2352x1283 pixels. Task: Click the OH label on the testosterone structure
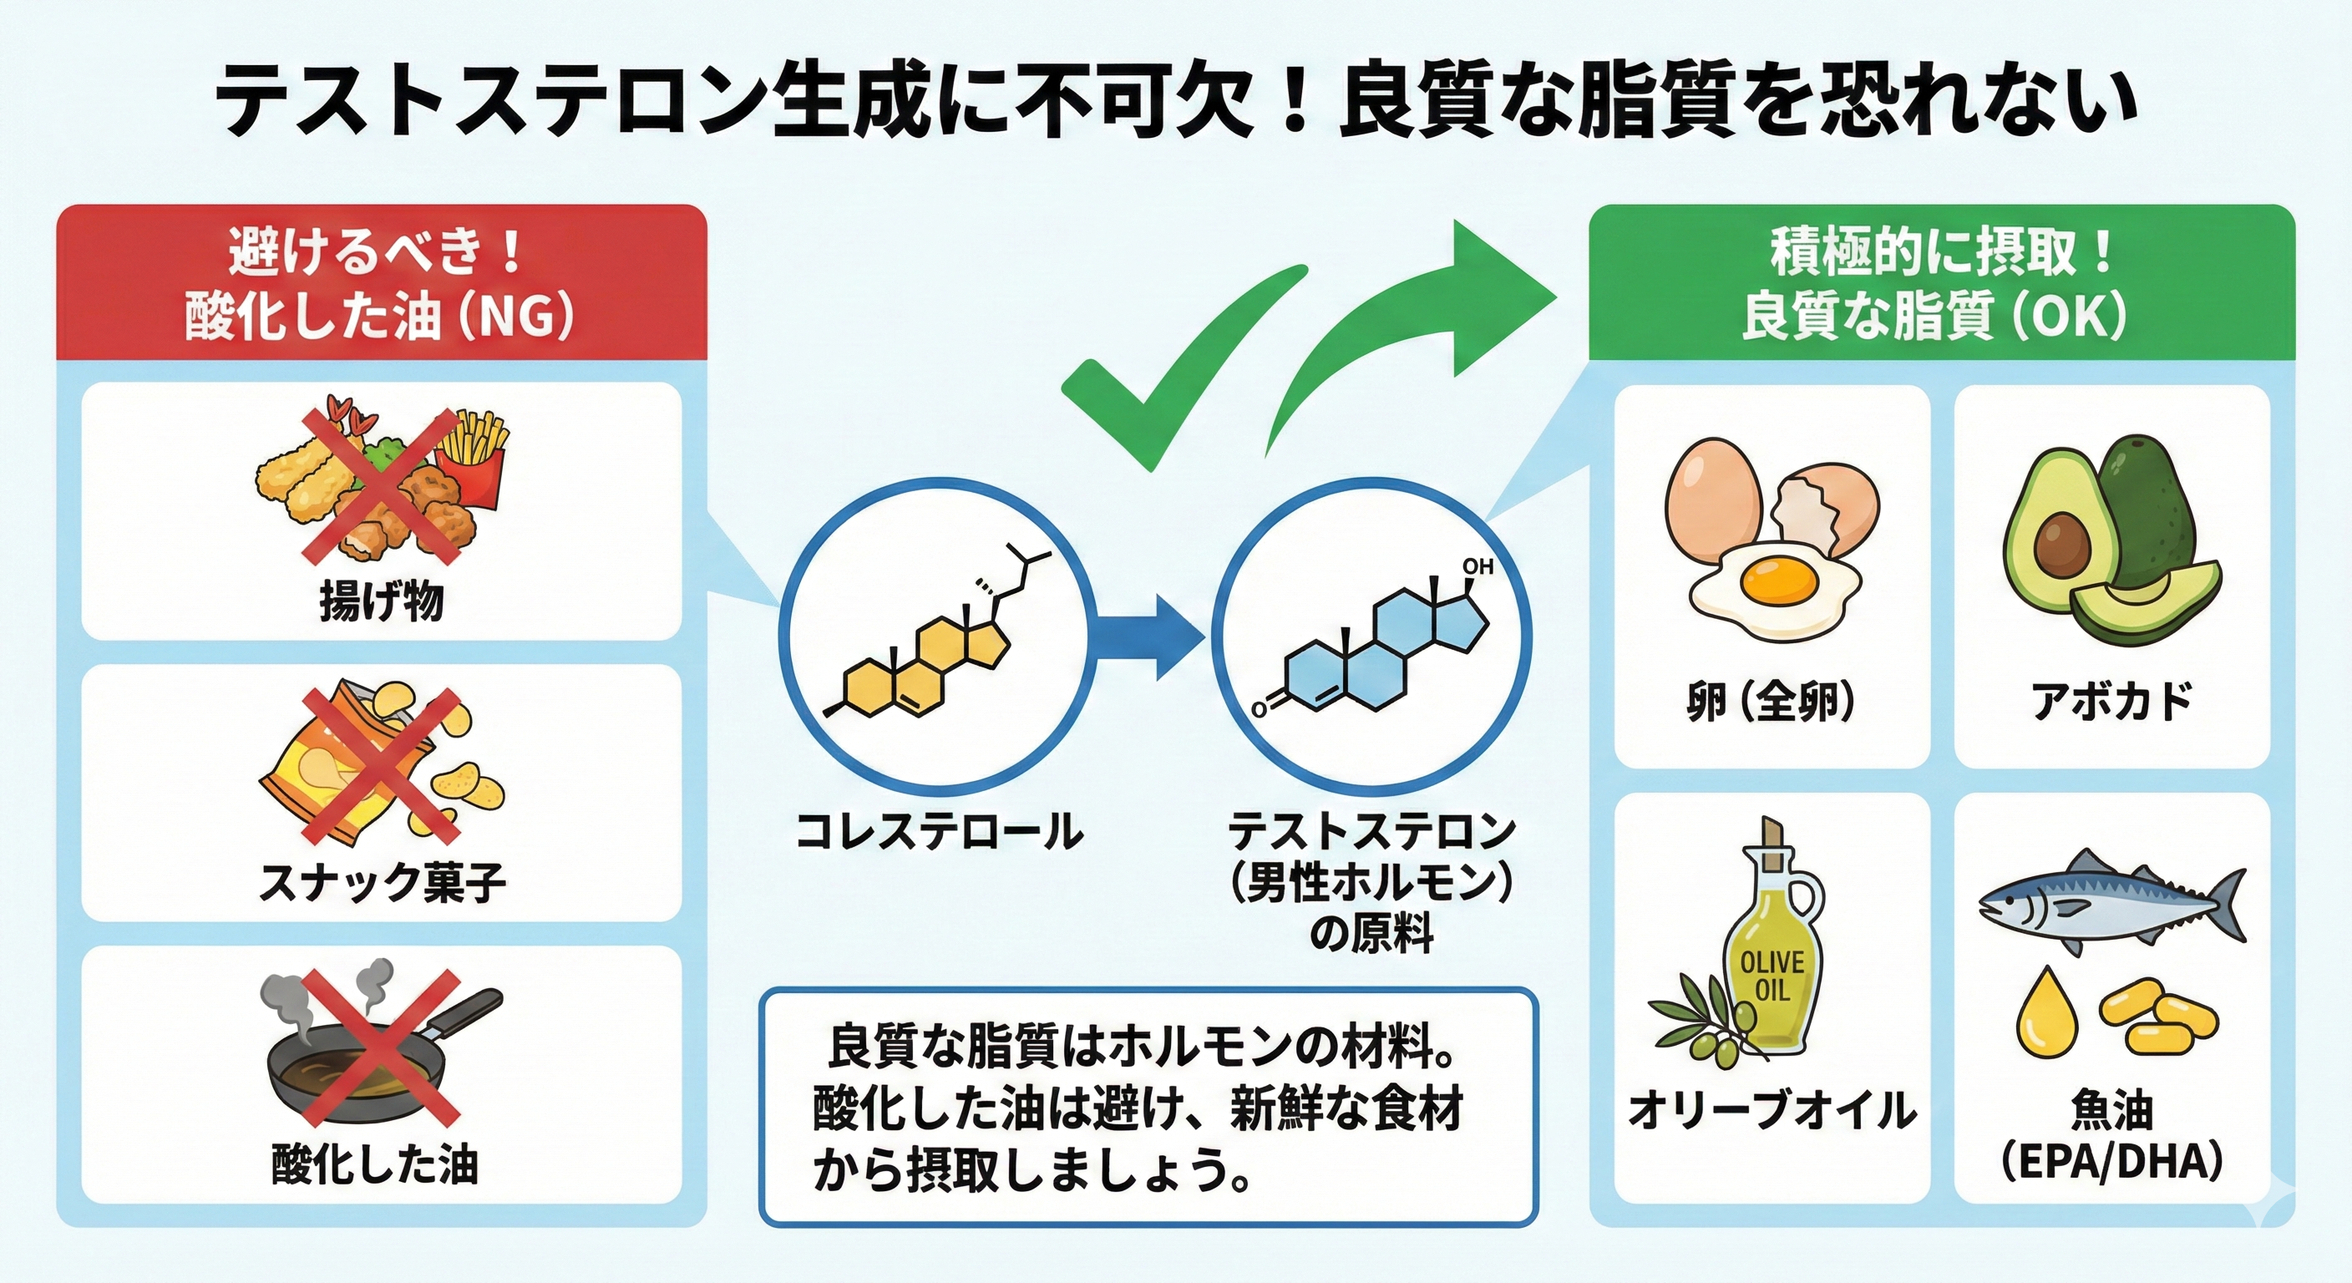(x=1477, y=566)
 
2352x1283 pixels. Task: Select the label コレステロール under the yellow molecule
(x=939, y=832)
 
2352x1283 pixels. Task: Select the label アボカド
(x=2111, y=702)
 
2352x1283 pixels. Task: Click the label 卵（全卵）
(x=1771, y=702)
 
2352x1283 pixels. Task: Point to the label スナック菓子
(x=382, y=883)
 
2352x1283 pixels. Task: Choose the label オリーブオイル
(x=1772, y=1110)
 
